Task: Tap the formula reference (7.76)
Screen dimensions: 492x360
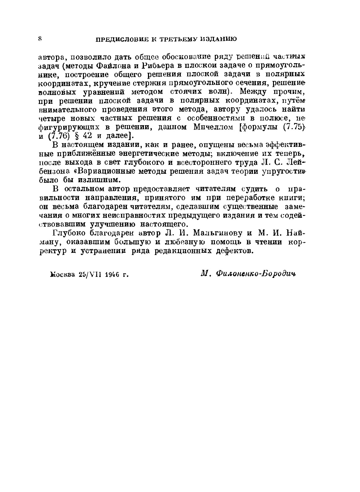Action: [x=61, y=136]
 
